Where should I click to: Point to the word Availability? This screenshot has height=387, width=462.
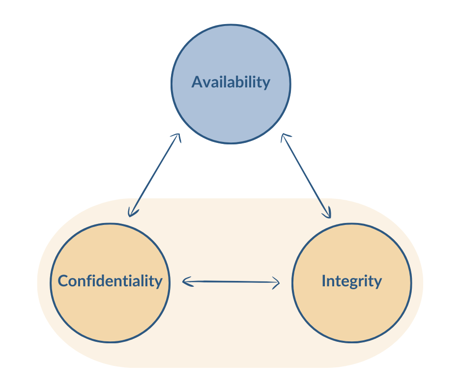point(231,82)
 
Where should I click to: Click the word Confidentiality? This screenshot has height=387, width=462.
point(110,281)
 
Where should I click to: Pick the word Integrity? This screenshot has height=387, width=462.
point(351,281)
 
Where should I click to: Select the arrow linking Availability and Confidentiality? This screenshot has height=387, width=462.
point(154,175)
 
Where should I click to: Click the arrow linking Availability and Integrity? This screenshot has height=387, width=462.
point(306,175)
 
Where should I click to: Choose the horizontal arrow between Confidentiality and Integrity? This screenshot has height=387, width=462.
point(231,282)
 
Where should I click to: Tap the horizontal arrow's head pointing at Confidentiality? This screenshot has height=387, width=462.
point(185,281)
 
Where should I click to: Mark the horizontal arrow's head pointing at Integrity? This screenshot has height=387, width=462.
point(277,283)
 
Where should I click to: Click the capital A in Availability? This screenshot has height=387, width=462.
point(197,82)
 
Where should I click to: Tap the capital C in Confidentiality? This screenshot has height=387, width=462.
point(63,281)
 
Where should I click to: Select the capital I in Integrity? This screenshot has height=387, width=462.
point(324,281)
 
